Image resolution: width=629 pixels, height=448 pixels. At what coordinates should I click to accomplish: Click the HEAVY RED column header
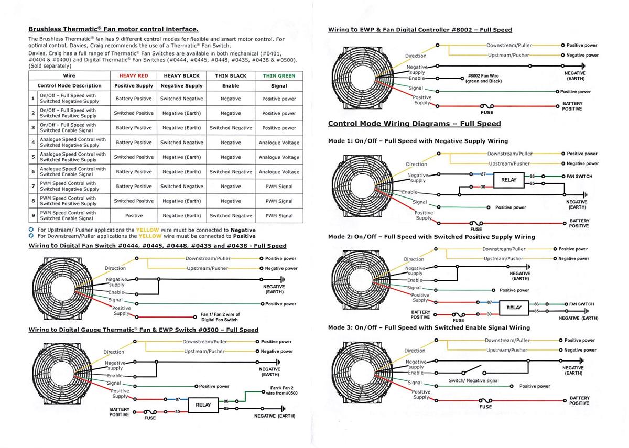click(134, 75)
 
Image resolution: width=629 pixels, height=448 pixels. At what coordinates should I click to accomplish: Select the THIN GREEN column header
click(279, 75)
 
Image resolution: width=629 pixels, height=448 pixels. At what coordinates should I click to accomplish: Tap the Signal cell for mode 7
click(279, 187)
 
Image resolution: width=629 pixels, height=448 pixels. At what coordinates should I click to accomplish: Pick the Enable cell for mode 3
click(231, 128)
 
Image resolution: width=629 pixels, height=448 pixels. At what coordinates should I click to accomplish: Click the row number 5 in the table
click(32, 157)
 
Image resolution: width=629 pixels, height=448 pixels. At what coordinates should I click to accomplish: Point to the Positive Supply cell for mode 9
click(134, 216)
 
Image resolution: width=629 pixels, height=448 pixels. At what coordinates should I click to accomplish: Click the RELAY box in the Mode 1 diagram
click(508, 180)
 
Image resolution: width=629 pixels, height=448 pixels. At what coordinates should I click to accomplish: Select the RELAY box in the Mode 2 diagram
click(514, 307)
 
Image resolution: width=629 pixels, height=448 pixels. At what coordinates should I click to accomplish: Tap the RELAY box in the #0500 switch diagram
click(203, 405)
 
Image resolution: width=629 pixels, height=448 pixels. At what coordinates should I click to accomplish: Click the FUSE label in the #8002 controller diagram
click(486, 112)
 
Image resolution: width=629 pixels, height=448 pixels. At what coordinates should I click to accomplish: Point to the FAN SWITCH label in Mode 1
click(579, 177)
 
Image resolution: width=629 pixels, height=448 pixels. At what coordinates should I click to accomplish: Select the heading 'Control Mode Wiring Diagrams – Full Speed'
click(414, 124)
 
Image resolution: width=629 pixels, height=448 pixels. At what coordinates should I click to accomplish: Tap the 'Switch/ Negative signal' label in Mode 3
click(474, 380)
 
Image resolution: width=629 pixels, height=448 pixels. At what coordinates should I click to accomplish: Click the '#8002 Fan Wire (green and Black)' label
click(484, 79)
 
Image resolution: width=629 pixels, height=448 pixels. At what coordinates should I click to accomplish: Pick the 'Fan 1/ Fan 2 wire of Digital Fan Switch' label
click(220, 317)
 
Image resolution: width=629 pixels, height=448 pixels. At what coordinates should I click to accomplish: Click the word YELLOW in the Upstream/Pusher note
click(147, 230)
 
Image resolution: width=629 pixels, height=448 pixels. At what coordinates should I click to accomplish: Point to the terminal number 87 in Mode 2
click(490, 302)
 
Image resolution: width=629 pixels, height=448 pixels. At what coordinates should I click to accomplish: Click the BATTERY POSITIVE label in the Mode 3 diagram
click(579, 400)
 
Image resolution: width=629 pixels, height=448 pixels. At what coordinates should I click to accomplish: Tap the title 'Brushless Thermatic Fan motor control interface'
click(113, 29)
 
